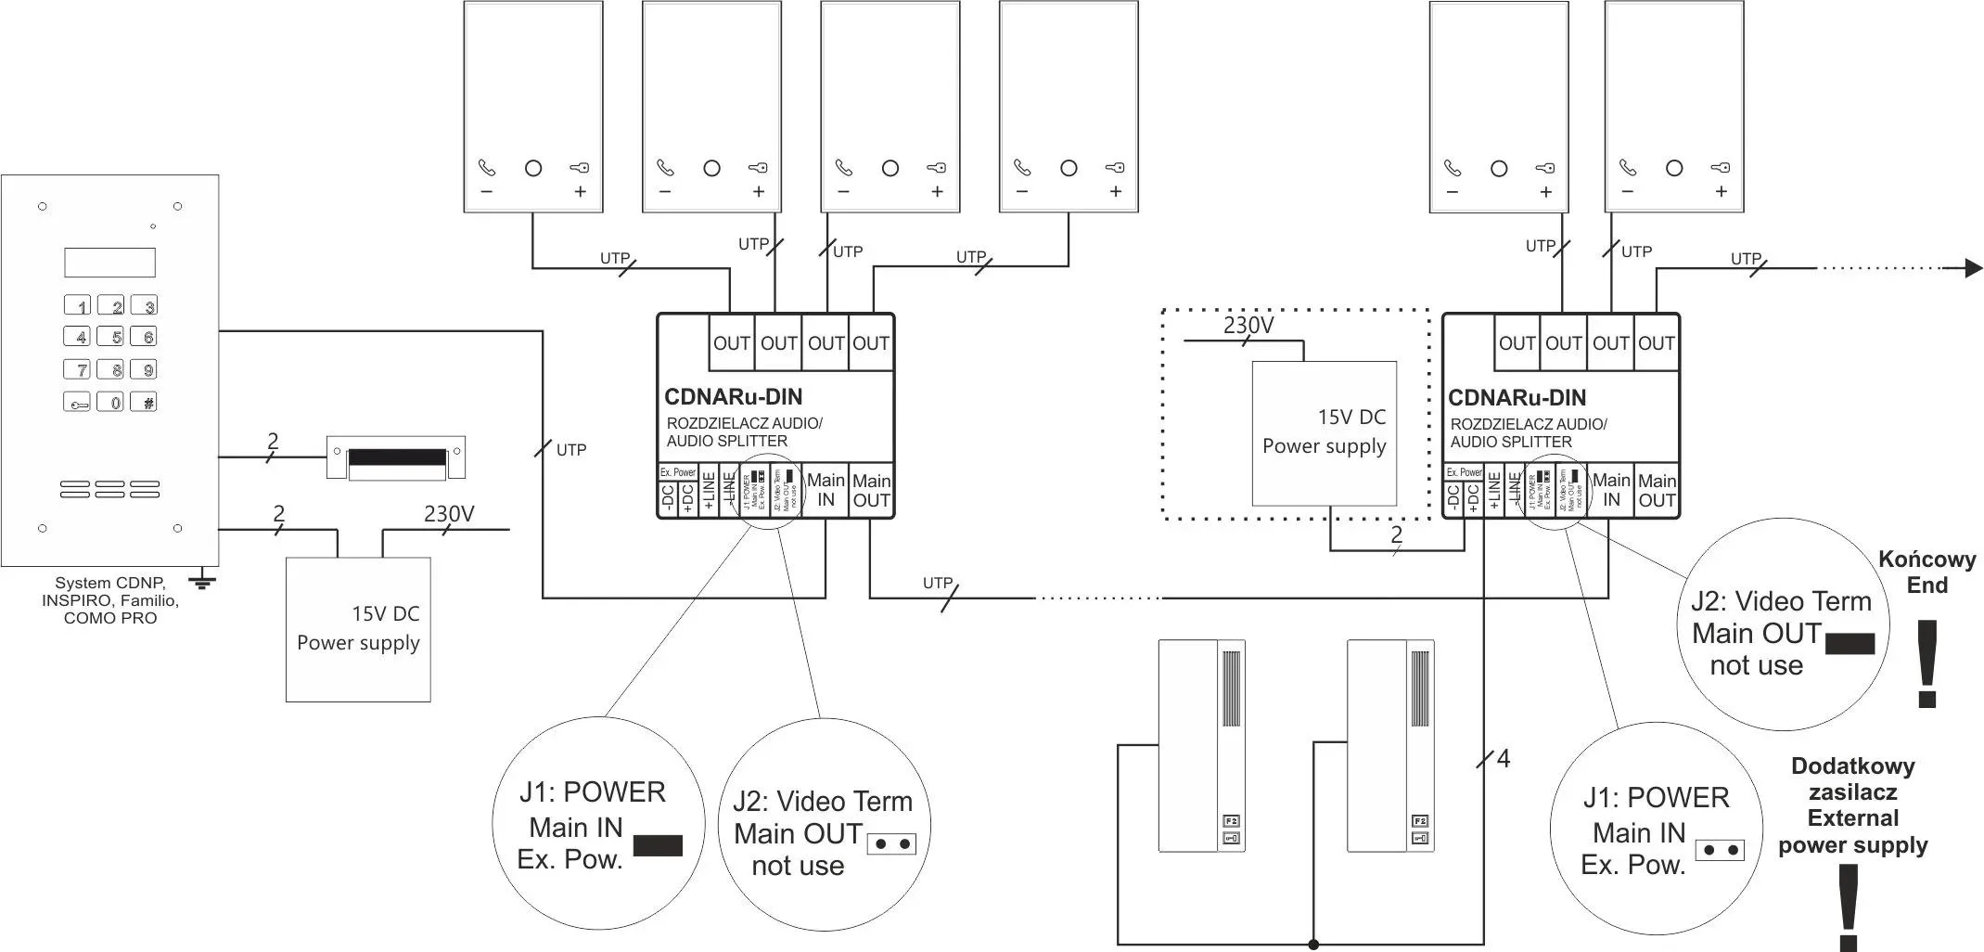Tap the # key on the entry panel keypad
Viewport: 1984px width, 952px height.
pyautogui.click(x=144, y=403)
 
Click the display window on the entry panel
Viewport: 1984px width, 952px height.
pyautogui.click(x=109, y=263)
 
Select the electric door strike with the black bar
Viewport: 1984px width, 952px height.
pyautogui.click(x=397, y=458)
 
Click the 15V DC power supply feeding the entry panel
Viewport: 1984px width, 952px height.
pyautogui.click(x=358, y=628)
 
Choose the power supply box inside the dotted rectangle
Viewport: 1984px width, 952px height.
pyautogui.click(x=1324, y=432)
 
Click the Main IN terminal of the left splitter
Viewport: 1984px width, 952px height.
pyautogui.click(x=826, y=490)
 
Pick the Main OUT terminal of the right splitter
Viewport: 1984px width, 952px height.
pyautogui.click(x=1657, y=491)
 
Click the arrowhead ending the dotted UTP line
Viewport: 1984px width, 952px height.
pyautogui.click(x=1974, y=269)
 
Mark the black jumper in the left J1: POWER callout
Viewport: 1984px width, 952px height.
pyautogui.click(x=658, y=845)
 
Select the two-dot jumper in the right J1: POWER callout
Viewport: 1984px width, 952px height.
pyautogui.click(x=1720, y=850)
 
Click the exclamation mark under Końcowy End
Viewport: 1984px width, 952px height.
pyautogui.click(x=1927, y=664)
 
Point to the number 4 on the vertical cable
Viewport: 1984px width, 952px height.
pyautogui.click(x=1504, y=759)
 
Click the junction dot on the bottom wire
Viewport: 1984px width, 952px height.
pyautogui.click(x=1313, y=945)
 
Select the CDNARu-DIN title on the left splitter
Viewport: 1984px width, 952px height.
pyautogui.click(x=733, y=397)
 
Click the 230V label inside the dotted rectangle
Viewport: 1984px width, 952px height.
pyautogui.click(x=1248, y=326)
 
